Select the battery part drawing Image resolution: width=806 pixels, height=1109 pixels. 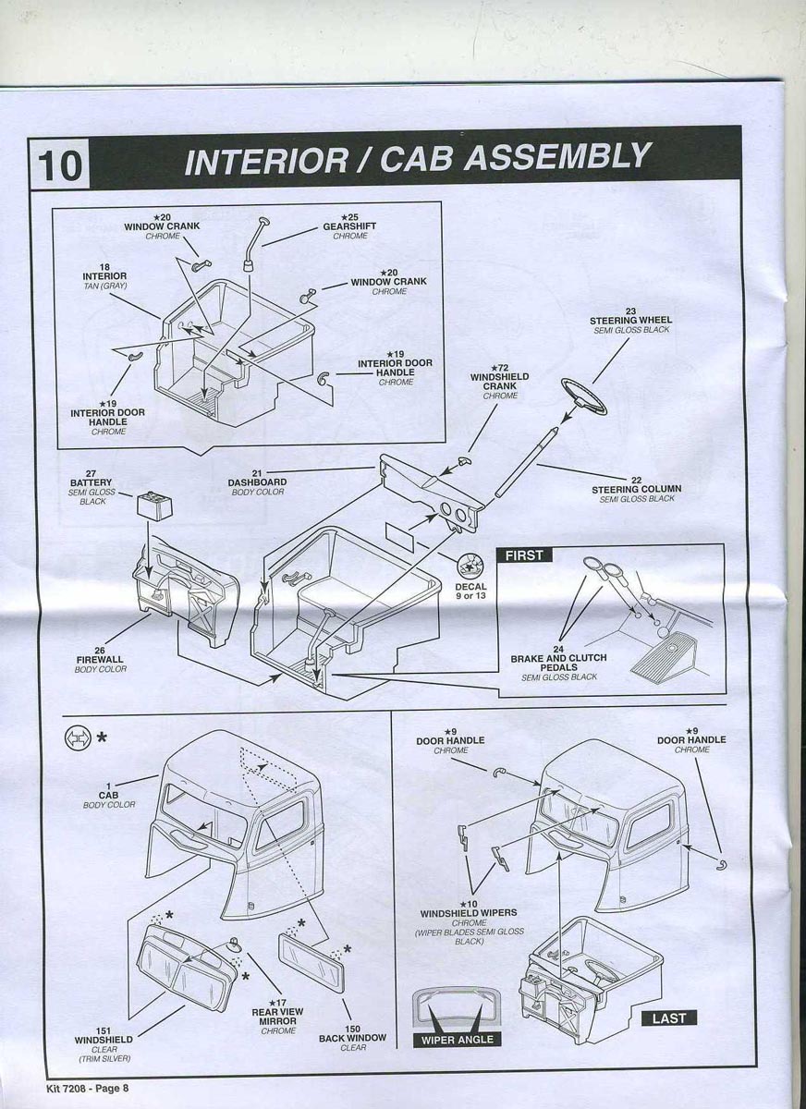click(152, 506)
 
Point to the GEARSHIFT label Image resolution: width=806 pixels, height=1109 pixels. click(349, 226)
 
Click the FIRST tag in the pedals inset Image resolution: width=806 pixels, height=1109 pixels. click(523, 555)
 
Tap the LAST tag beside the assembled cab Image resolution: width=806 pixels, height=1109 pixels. click(668, 1018)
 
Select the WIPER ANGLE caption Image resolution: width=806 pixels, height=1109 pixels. click(458, 1040)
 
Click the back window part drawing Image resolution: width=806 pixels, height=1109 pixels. click(311, 961)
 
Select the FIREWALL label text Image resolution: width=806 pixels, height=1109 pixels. click(101, 659)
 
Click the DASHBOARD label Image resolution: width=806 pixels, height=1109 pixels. click(257, 481)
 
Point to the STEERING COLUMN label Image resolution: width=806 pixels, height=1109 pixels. click(636, 489)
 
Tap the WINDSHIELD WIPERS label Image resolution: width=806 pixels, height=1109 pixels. click(469, 913)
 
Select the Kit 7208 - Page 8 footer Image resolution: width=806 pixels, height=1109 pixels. click(87, 1088)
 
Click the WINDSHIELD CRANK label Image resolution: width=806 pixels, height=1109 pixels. click(500, 382)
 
